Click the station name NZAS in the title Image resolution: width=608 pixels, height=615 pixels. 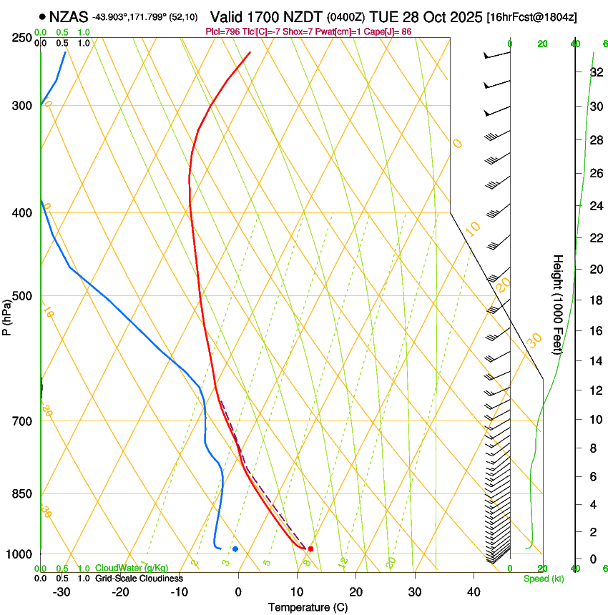[69, 16]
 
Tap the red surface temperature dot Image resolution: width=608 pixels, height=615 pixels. [310, 548]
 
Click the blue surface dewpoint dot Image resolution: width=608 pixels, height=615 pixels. [235, 548]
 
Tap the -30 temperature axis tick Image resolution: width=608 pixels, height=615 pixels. [62, 592]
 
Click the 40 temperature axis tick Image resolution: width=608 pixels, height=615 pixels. [473, 592]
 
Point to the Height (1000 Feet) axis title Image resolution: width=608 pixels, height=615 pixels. [558, 304]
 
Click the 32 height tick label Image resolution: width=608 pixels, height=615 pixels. [575, 72]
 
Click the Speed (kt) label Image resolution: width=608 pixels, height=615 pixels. [543, 579]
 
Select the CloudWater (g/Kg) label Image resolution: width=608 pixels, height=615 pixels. [132, 568]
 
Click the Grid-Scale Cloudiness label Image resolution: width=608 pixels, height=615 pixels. [139, 578]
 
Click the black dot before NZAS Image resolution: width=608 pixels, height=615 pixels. [43, 16]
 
